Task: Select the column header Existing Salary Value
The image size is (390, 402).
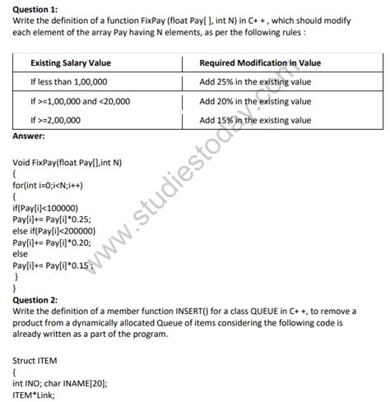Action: click(71, 62)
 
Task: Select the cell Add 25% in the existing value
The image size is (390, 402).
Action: click(255, 82)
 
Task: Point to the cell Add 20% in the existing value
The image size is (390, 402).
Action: click(255, 101)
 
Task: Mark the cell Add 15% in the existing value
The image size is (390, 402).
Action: click(255, 120)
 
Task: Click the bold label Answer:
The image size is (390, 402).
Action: click(30, 136)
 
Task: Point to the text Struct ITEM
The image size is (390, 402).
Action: click(35, 360)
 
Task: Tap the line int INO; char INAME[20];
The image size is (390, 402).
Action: click(60, 383)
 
